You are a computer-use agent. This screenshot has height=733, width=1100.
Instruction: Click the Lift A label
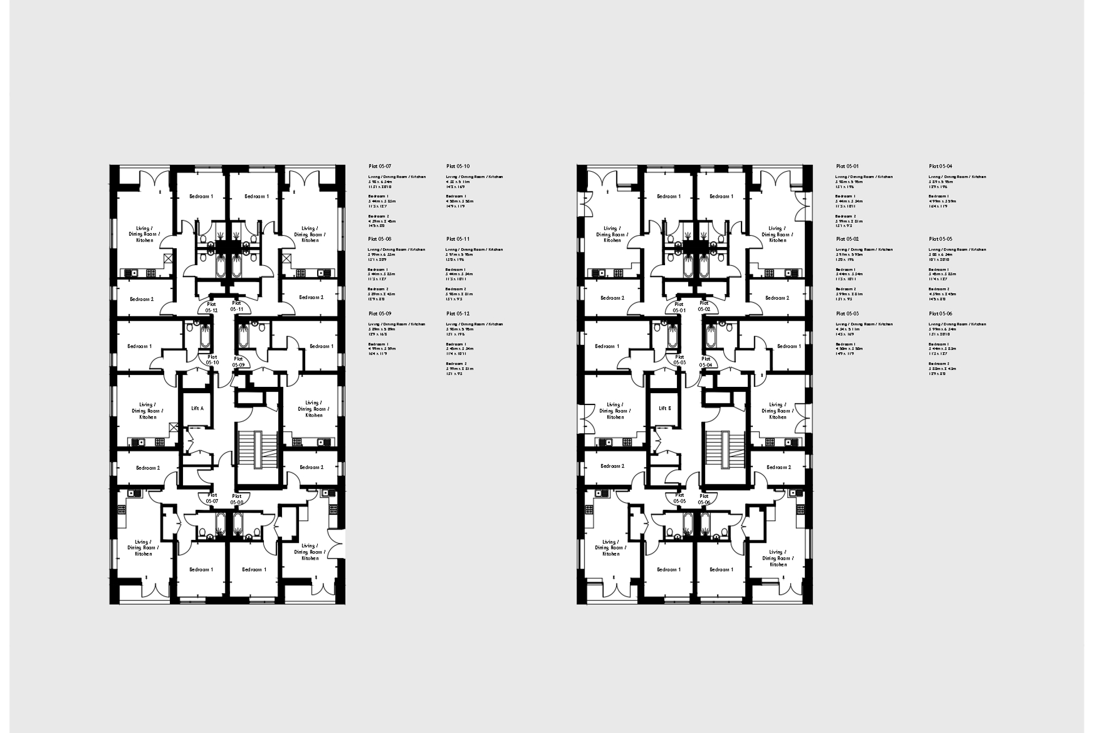coord(197,408)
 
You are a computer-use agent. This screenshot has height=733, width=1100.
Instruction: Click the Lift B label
coord(665,408)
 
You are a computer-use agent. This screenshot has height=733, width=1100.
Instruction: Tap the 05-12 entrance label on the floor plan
coord(211,308)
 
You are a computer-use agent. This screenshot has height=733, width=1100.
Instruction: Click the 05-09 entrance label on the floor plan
coord(238,362)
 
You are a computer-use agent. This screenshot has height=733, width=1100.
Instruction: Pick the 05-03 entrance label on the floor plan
coord(679,360)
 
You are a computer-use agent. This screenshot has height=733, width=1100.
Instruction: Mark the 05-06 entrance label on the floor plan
coord(704,499)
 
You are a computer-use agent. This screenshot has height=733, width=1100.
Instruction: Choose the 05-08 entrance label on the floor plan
coord(237,499)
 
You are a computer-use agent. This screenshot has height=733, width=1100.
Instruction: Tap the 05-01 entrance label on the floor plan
coord(679,308)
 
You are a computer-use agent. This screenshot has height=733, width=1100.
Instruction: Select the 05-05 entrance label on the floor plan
coord(680,498)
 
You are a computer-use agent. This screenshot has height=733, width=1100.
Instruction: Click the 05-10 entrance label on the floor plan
coord(212,360)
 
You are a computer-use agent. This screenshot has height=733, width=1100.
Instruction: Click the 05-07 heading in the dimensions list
coord(380,167)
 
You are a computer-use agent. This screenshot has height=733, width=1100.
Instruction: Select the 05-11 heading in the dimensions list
coord(458,239)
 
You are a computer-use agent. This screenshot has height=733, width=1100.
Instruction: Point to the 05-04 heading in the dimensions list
coord(940,167)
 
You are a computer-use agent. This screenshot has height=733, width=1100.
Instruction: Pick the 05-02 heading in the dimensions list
coord(847,239)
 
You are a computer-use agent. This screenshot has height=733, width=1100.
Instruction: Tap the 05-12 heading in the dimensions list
coord(458,314)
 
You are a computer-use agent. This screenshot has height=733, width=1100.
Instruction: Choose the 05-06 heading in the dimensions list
coord(940,314)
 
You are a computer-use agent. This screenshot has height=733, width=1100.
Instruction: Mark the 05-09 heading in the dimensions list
coord(380,314)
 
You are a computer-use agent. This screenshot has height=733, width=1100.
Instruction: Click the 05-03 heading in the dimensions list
coord(847,314)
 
